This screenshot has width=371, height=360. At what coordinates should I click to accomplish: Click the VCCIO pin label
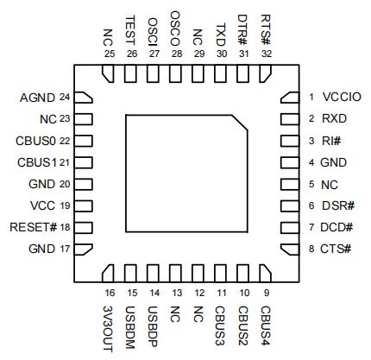click(342, 97)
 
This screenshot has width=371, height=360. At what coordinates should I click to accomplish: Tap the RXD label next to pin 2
click(334, 118)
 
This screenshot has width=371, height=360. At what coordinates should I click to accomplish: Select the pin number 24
click(65, 98)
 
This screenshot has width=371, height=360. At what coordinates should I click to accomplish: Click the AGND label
click(37, 98)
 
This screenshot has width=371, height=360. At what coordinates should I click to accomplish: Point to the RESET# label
click(34, 227)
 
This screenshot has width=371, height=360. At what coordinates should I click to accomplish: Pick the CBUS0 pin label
click(35, 141)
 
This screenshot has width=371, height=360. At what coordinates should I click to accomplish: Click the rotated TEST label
click(130, 30)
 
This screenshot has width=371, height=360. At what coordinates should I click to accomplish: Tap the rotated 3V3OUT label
click(108, 329)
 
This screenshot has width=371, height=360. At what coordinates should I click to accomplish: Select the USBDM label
click(130, 327)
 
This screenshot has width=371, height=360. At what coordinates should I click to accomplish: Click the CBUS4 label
click(266, 325)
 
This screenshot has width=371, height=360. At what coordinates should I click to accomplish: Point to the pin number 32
click(267, 54)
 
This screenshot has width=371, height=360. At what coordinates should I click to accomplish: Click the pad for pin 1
click(290, 98)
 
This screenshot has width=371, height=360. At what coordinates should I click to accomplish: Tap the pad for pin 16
click(108, 274)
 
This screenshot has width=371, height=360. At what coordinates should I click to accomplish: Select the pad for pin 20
click(84, 184)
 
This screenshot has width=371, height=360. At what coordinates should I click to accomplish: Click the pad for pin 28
click(175, 73)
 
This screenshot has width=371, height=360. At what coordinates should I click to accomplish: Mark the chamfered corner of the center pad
click(240, 123)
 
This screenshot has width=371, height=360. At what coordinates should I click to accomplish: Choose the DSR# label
click(338, 205)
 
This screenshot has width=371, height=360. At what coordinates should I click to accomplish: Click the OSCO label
click(175, 28)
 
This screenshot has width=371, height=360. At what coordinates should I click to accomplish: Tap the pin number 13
click(177, 293)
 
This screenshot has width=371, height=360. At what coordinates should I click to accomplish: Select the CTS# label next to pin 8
click(336, 249)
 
